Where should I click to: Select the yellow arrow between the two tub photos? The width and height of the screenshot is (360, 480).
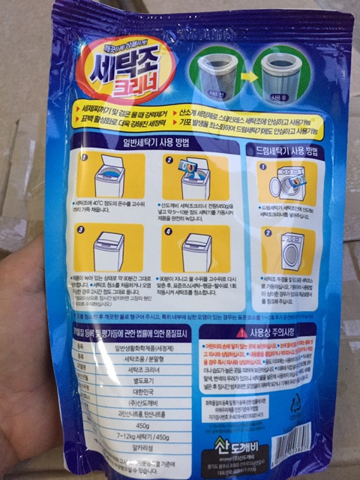click(248, 76)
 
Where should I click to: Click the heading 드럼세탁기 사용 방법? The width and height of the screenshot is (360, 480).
click(293, 149)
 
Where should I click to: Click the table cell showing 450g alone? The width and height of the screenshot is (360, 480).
click(142, 426)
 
